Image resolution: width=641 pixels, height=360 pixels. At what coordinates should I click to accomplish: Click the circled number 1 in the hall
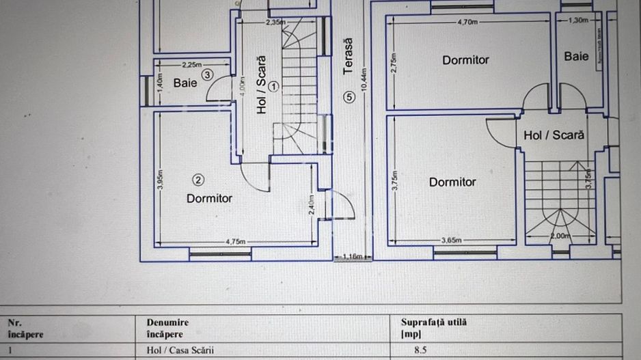(273, 86)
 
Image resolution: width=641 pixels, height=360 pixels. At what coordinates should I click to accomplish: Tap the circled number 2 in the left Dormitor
(198, 180)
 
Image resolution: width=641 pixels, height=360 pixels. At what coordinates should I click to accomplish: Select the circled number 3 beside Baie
(206, 75)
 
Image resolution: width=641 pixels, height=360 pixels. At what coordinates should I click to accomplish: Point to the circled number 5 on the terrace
(350, 97)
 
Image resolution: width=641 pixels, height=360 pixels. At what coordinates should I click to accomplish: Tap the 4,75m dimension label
(236, 241)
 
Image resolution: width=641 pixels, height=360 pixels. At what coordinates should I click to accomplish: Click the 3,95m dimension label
(159, 180)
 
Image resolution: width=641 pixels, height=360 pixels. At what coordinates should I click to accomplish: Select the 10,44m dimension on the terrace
(364, 79)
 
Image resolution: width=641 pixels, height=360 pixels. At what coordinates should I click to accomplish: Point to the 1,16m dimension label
(353, 257)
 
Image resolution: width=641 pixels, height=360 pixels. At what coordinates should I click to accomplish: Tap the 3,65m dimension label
(451, 240)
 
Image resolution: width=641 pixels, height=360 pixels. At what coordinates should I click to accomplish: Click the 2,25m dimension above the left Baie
(191, 65)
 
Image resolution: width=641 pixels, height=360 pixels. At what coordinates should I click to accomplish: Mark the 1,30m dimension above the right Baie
(577, 20)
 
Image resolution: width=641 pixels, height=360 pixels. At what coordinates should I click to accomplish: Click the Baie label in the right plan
(576, 57)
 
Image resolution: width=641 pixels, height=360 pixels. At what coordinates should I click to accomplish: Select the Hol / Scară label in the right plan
(554, 135)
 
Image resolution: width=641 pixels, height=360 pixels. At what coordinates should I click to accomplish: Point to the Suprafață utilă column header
(434, 322)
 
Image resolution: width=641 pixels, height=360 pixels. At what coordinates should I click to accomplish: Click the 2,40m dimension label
(312, 206)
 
